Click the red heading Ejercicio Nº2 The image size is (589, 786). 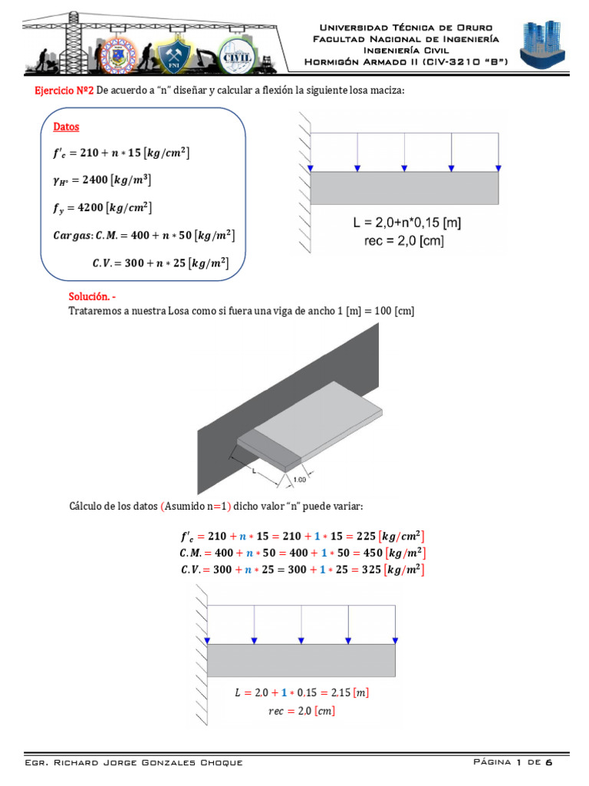pos(64,91)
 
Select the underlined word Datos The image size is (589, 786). pos(66,127)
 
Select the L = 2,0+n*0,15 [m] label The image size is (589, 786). pos(406,224)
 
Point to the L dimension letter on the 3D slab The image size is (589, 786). pos(254,472)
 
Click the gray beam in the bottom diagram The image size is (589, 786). pos(301,660)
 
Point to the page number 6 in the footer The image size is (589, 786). pos(548,762)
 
